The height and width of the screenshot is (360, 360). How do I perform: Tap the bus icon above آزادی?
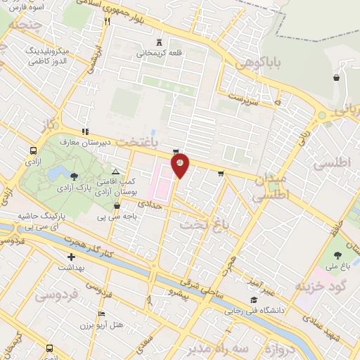pos(34,151)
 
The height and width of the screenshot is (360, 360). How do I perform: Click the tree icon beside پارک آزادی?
pos(75,174)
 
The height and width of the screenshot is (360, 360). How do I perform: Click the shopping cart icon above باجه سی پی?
pos(117,206)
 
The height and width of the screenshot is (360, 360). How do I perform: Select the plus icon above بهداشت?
pos(71,258)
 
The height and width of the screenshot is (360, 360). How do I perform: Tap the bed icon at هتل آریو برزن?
pos(102,314)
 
